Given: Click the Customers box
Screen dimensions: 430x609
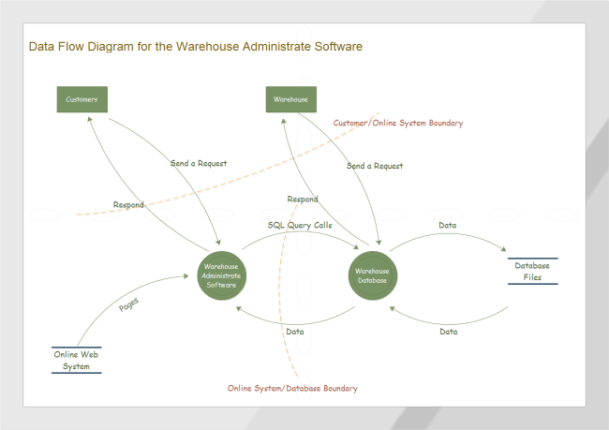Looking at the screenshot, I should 82,98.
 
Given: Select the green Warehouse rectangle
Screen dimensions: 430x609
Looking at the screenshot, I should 290,98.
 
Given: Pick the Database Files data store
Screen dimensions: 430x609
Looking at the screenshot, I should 532,271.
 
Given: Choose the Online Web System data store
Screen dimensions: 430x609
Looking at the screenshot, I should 77,360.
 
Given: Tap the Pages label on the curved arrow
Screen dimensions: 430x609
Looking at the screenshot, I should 130,304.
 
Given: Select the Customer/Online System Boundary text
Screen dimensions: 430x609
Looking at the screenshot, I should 398,123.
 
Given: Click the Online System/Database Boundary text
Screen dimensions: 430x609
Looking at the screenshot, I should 292,388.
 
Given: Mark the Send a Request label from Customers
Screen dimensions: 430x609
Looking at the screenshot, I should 199,163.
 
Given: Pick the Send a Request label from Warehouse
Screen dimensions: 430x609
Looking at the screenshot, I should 375,166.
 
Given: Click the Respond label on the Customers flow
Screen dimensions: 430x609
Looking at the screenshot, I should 128,204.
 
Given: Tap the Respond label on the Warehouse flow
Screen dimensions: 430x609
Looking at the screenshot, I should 302,199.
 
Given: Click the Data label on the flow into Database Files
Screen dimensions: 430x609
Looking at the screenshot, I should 448,225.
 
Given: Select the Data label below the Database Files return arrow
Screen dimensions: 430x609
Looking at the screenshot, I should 448,331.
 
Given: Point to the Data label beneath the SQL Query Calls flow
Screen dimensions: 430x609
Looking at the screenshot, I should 294,331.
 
